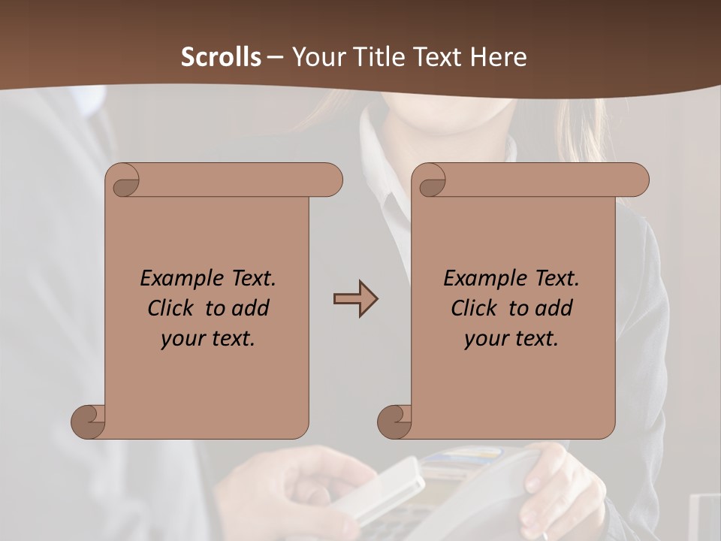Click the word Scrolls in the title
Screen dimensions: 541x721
tap(221, 57)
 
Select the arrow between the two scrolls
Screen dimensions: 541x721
tap(355, 299)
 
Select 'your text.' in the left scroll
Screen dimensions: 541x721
tap(208, 339)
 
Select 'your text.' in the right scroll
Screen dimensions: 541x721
tap(511, 339)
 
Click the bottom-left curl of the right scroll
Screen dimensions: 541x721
tap(394, 422)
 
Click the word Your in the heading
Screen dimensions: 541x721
tap(317, 57)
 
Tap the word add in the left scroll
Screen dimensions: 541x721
tap(250, 308)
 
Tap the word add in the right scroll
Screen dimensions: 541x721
tap(554, 308)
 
